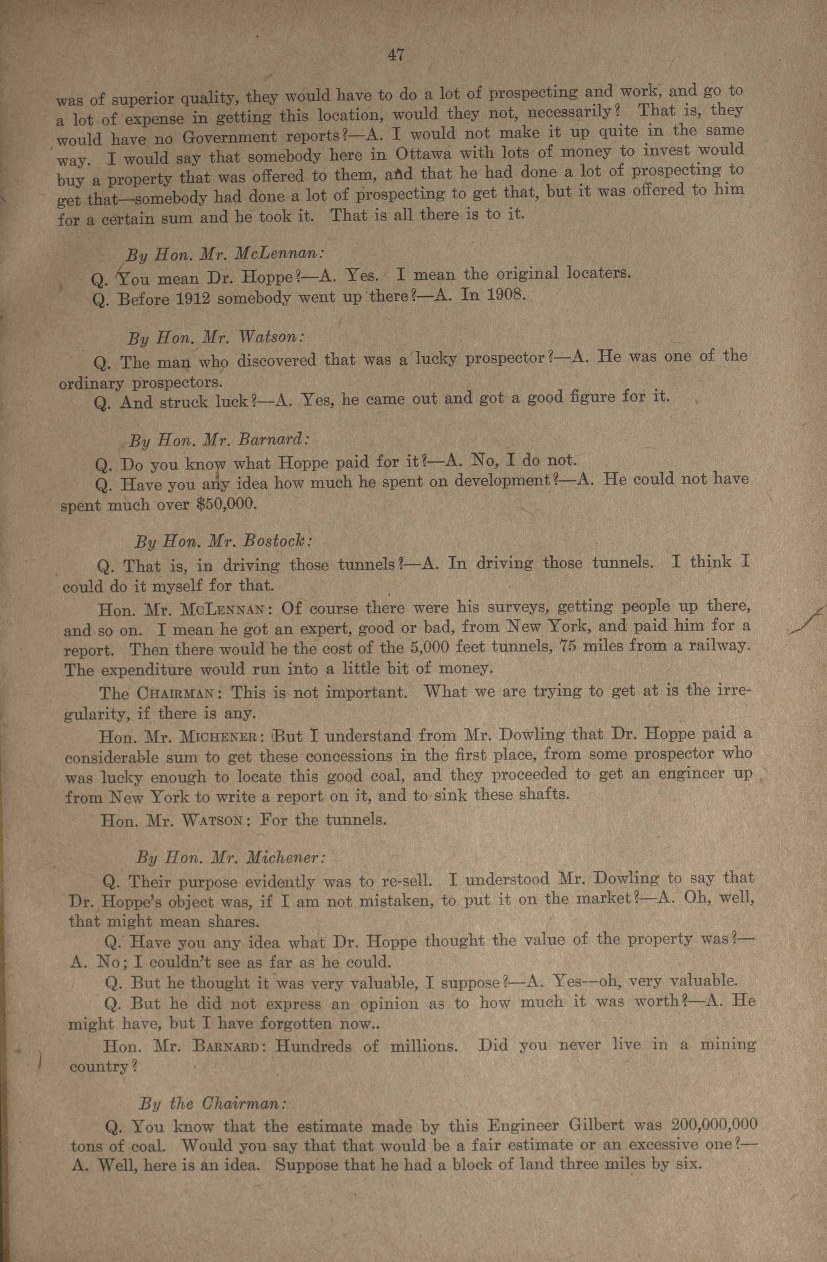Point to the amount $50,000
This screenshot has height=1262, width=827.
[226, 504]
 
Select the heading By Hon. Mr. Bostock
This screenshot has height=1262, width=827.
[223, 542]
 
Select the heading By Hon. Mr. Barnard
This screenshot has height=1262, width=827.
[218, 440]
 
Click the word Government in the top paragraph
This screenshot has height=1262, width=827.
[230, 138]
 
